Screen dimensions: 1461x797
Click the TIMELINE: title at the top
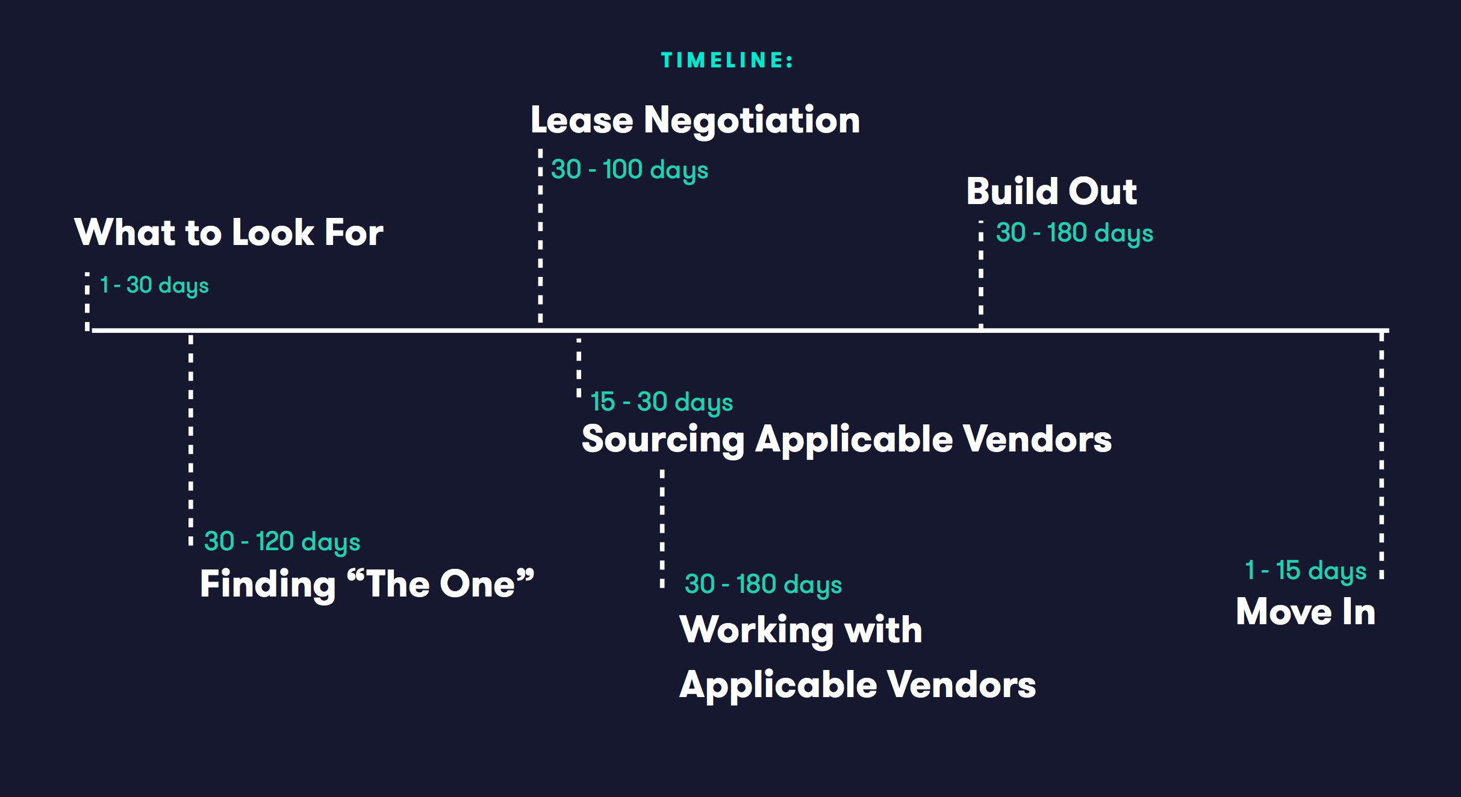[x=727, y=60]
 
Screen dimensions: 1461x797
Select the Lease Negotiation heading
[x=695, y=120]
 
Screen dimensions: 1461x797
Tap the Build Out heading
[x=1051, y=191]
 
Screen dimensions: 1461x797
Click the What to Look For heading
[x=229, y=232]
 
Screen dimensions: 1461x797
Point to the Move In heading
[x=1306, y=612]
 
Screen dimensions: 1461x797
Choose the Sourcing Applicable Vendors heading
[x=847, y=439]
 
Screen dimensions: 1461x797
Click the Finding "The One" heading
[x=367, y=584]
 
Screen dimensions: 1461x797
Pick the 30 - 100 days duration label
[x=629, y=170]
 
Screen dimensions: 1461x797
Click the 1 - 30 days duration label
[x=154, y=286]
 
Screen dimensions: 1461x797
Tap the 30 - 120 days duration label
[x=282, y=542]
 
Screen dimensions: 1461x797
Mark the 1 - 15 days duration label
[x=1306, y=571]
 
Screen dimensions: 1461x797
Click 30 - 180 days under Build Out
[x=1074, y=234]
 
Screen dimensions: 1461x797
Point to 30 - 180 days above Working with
[x=763, y=585]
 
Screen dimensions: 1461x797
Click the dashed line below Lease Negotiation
[x=540, y=236]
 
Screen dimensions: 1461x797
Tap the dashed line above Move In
[x=1382, y=455]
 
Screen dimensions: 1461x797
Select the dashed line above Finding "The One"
[x=191, y=440]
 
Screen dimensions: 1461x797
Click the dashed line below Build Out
[x=981, y=274]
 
